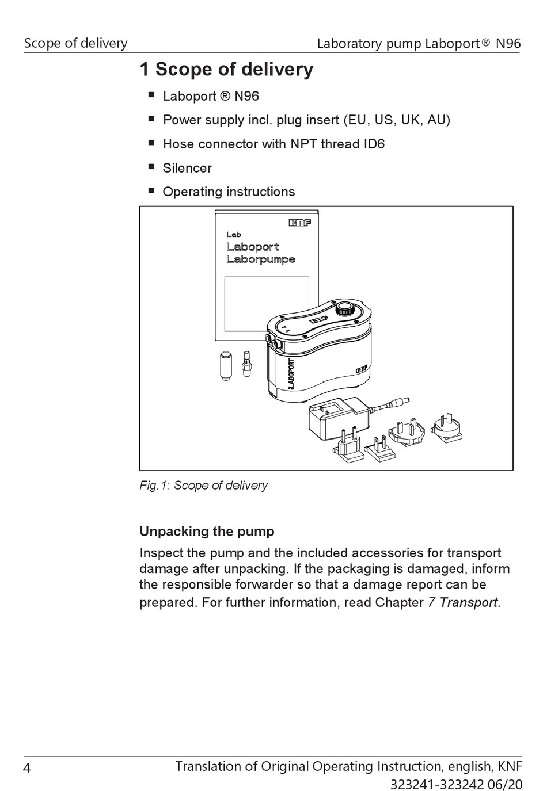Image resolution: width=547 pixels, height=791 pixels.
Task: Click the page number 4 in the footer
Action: pos(27,768)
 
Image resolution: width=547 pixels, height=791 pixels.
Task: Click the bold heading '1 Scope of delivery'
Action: pos(226,69)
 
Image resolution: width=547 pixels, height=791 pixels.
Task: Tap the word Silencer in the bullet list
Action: pos(187,168)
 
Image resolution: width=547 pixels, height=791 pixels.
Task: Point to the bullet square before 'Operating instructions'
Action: pos(151,190)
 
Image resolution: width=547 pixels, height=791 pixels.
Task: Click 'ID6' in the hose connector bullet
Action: pos(374,144)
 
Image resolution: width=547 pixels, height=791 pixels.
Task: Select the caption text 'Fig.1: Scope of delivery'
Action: pos(203,485)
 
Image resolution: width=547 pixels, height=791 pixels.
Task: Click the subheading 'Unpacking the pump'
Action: pos(207,531)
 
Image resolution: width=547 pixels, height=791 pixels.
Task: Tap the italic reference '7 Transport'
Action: pos(463,602)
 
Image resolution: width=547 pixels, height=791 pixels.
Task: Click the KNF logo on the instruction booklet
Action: pos(299,223)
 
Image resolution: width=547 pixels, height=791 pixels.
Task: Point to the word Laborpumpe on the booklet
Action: pos(260,259)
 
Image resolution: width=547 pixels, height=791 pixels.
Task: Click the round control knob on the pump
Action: pos(345,308)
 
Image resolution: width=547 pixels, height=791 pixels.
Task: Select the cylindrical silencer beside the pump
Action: pos(225,364)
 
